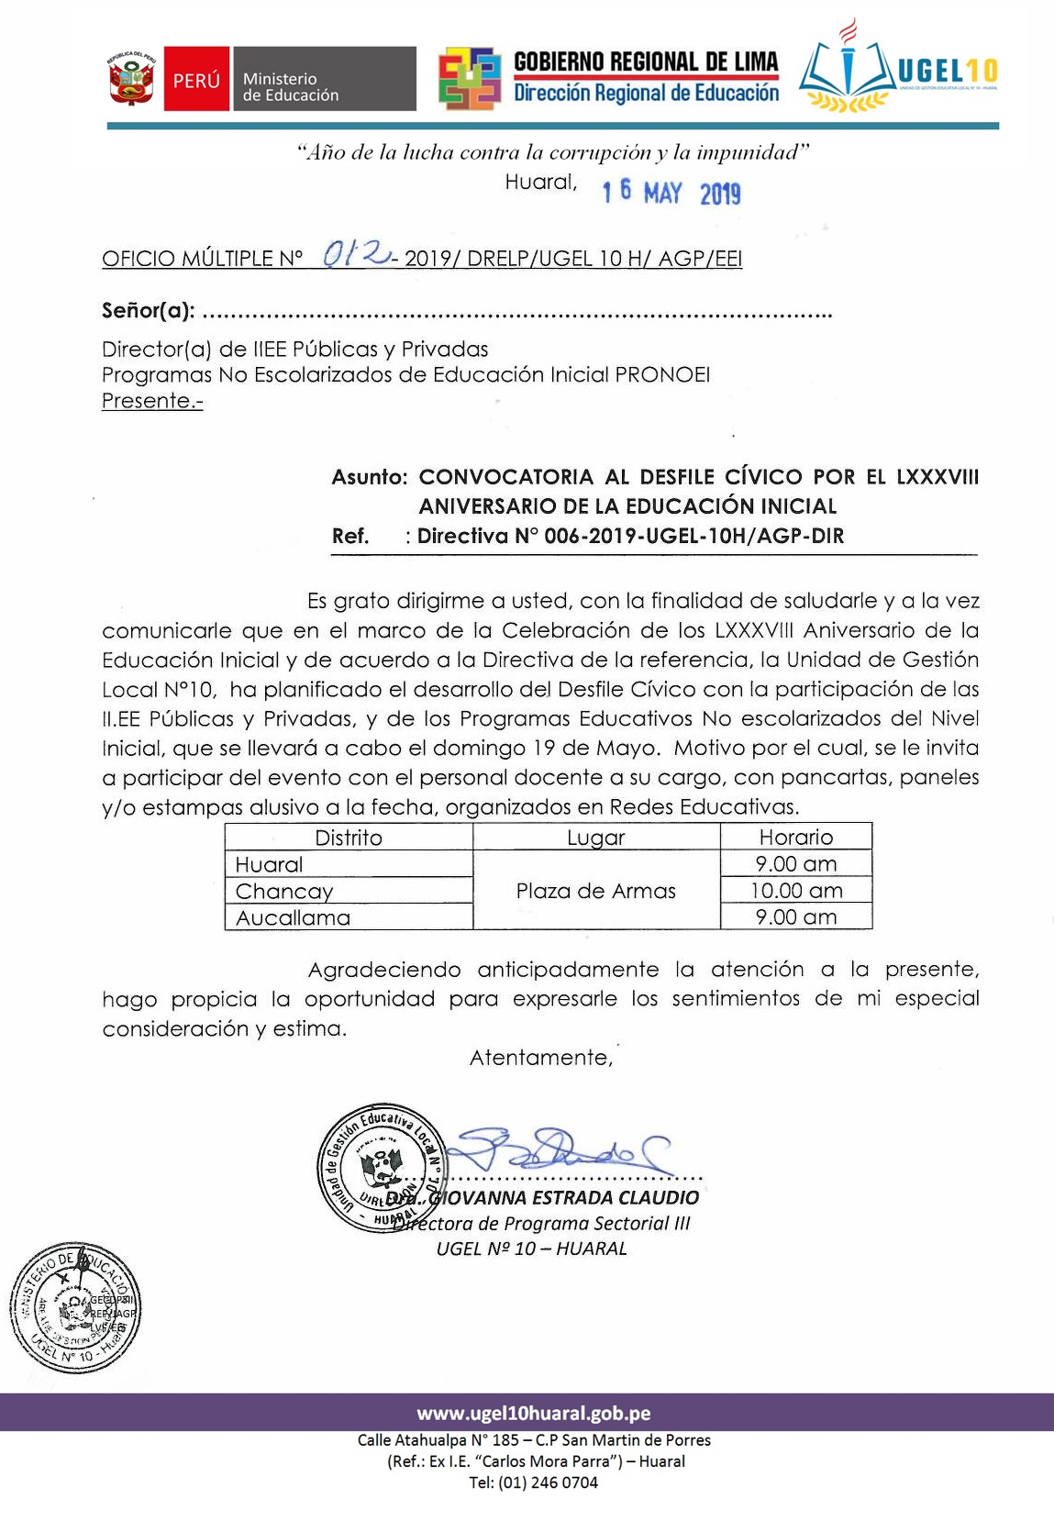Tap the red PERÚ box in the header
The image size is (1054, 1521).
coord(196,80)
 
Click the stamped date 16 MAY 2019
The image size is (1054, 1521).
coord(671,193)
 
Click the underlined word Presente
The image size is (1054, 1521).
coord(151,401)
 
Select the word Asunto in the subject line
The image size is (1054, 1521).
coord(369,477)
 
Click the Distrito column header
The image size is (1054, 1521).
coord(349,837)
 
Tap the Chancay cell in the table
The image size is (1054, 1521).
coord(284,891)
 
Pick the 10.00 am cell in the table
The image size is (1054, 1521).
coord(795,890)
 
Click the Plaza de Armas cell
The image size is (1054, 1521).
coord(595,891)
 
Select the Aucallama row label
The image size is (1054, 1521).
coord(293,917)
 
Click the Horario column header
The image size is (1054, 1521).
coord(795,837)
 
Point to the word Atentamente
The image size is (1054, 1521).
coord(540,1058)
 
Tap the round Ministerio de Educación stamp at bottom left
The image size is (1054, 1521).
coord(76,1308)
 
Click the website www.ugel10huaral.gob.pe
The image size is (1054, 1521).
coord(534,1413)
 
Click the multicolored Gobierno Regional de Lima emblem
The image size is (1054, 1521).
coord(469,79)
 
